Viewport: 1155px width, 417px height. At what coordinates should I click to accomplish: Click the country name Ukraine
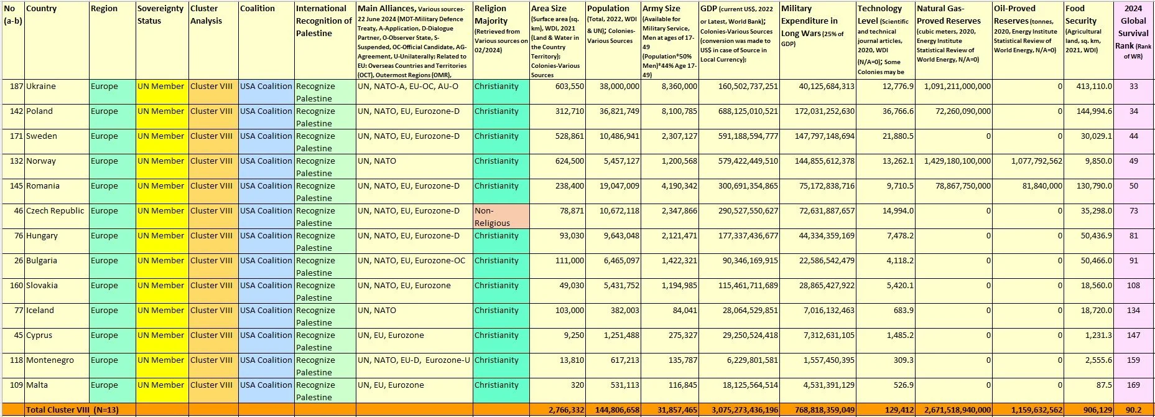pos(41,87)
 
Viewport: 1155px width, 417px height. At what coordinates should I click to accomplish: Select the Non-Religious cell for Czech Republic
pos(492,217)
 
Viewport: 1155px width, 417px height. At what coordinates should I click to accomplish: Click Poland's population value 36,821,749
pos(613,111)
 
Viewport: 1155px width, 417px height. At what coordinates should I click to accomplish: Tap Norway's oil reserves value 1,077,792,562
pos(1028,161)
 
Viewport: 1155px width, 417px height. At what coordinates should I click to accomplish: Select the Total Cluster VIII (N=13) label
pos(72,410)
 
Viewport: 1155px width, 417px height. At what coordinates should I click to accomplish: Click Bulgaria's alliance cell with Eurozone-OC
pos(411,261)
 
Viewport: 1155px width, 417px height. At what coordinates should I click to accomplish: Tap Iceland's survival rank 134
pos(1133,311)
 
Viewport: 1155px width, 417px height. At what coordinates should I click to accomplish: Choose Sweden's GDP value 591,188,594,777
pos(739,136)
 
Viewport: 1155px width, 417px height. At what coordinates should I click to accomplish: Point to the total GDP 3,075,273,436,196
pos(739,410)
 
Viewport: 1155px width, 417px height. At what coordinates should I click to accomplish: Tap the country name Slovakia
pos(42,286)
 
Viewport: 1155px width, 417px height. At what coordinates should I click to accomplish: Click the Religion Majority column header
pos(491,15)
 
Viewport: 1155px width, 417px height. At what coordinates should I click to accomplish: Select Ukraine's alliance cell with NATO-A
pos(407,87)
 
